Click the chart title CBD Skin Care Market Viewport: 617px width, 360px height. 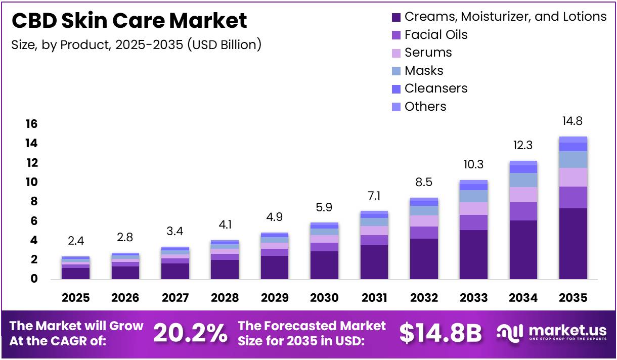tap(129, 21)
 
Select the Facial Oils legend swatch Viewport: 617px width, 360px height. tap(396, 35)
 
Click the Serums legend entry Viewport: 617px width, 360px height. tap(428, 53)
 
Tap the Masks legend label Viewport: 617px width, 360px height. tap(424, 70)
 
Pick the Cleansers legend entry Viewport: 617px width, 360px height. tap(436, 88)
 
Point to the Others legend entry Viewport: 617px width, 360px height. tap(425, 107)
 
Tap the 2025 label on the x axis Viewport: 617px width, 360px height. tap(76, 298)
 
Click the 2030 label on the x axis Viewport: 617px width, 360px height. tap(324, 298)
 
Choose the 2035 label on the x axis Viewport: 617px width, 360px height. tap(573, 298)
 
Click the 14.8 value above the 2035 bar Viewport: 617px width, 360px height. tap(573, 121)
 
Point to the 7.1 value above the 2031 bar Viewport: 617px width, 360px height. tap(374, 196)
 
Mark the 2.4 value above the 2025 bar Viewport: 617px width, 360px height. tap(76, 241)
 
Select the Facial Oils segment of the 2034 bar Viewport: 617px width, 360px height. tap(523, 211)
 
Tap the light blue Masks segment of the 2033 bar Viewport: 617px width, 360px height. tap(473, 196)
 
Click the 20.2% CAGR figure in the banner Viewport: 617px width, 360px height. tap(190, 333)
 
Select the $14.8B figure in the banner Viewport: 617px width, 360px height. tap(440, 333)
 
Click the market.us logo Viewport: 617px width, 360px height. tap(551, 333)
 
